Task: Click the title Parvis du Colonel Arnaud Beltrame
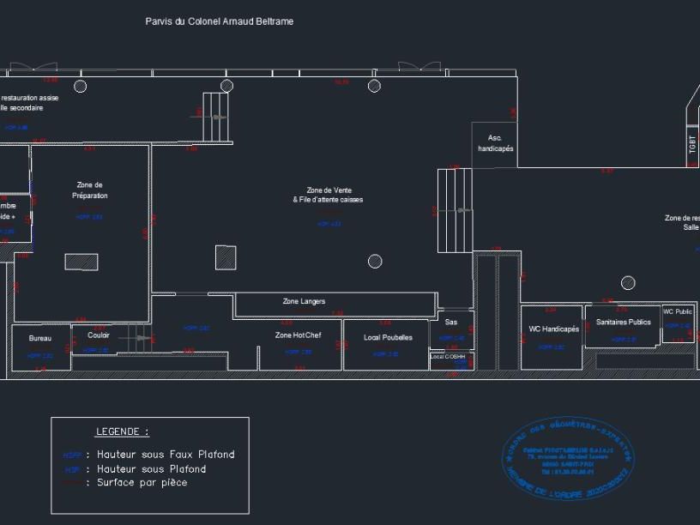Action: click(x=220, y=21)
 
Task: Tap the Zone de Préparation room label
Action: click(x=90, y=190)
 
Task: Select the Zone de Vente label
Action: click(x=329, y=195)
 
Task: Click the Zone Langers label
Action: click(x=305, y=302)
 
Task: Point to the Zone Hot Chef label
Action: click(x=298, y=335)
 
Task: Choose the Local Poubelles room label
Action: click(x=388, y=337)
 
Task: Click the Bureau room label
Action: click(x=40, y=339)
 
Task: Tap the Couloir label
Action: click(x=99, y=335)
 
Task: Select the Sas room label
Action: click(x=451, y=323)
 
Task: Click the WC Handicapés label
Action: click(x=553, y=329)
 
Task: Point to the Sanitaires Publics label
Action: click(x=622, y=323)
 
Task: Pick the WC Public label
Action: click(x=678, y=311)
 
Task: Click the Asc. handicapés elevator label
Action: click(x=495, y=143)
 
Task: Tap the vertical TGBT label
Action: click(x=692, y=144)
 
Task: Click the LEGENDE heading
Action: click(x=121, y=431)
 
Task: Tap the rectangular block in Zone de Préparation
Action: click(x=81, y=262)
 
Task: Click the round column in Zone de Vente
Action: click(x=375, y=261)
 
